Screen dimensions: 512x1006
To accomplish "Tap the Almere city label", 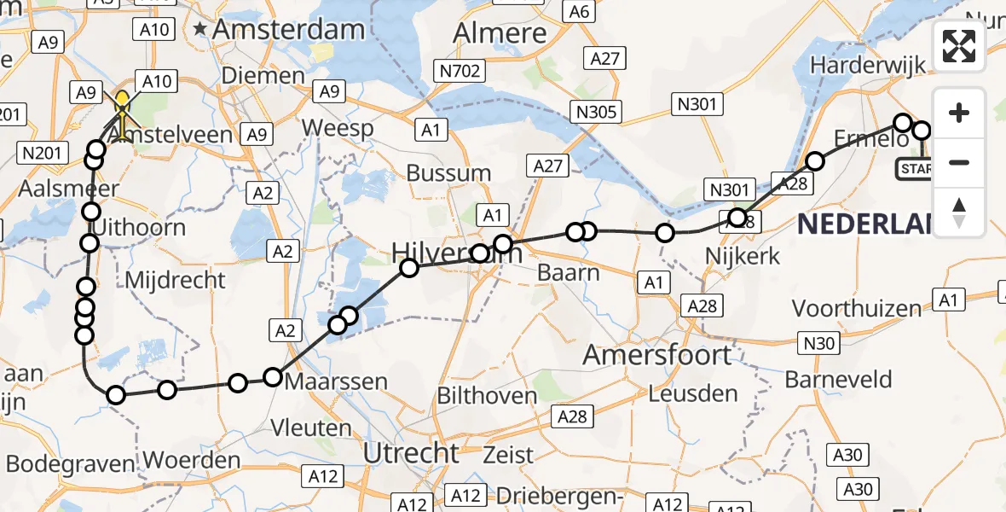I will tap(500, 33).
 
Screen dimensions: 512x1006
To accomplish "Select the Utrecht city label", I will tap(412, 453).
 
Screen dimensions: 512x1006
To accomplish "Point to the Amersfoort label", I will tap(656, 355).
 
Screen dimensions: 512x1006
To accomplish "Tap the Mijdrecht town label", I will tap(175, 280).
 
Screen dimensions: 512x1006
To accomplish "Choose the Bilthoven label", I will tap(487, 396).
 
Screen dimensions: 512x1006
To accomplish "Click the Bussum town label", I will tap(448, 173).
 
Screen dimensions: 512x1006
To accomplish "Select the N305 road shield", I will tap(597, 112).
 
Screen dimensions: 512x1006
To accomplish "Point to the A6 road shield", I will tap(579, 11).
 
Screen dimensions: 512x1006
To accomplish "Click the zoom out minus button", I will tap(959, 163).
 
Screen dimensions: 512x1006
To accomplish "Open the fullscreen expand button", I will tap(959, 46).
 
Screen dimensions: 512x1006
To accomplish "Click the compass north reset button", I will tap(959, 212).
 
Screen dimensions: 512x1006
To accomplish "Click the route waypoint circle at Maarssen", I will tap(273, 377).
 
